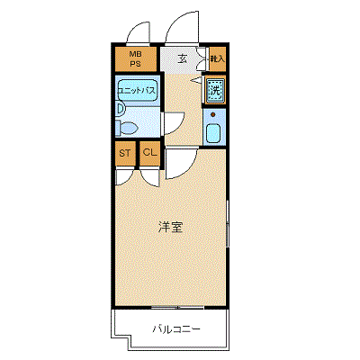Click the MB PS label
135,59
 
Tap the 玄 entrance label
183,59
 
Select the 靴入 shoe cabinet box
216,59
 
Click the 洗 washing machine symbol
215,90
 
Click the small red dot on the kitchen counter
213,115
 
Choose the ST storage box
124,153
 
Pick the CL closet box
149,153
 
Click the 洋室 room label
171,227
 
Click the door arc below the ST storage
123,175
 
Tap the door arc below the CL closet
149,175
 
